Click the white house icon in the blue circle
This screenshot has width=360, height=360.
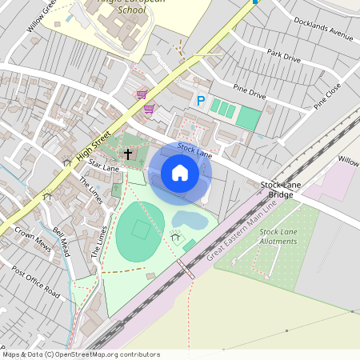click(180, 173)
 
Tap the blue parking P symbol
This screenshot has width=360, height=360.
click(201, 101)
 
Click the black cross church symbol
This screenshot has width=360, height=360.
click(128, 153)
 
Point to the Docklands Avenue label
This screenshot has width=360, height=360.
click(323, 28)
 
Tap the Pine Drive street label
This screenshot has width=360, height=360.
click(250, 94)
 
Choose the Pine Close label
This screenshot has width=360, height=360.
click(327, 95)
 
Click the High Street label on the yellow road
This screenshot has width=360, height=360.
click(94, 145)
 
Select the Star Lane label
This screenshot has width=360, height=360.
click(104, 167)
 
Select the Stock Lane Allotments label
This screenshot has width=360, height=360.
click(278, 237)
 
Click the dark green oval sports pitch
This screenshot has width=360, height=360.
click(140, 231)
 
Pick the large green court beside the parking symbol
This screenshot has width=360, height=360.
click(248, 119)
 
